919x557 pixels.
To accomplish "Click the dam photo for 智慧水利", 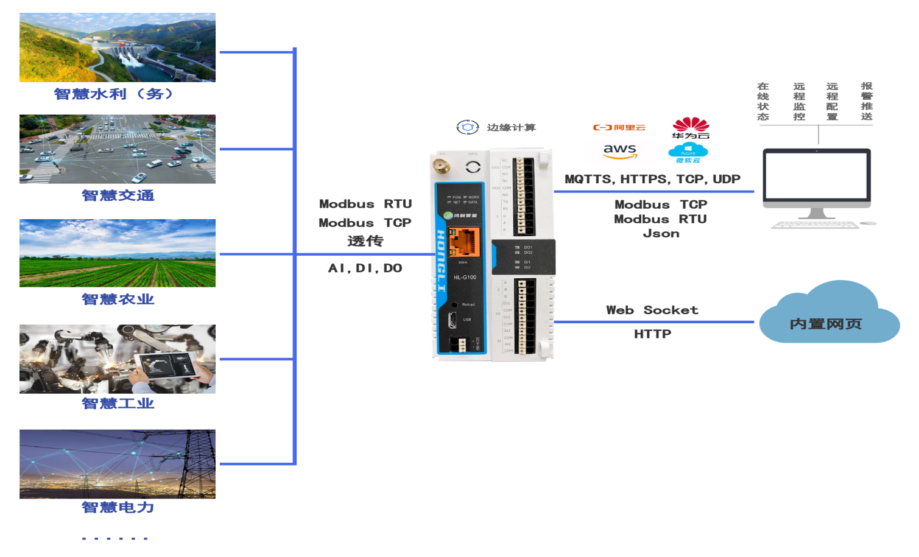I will coord(118,47).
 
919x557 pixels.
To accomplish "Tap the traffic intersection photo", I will coord(118,149).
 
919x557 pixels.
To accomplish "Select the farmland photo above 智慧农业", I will coord(118,253).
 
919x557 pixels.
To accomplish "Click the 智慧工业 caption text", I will coord(118,403).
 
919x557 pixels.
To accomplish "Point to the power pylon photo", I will coord(118,464).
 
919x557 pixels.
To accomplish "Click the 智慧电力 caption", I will coord(118,507).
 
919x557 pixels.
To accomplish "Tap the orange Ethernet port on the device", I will coord(464,242).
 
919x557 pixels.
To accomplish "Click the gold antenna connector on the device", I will coord(439,164).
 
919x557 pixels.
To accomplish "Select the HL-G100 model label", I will coord(465,278).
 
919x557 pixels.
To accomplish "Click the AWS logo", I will coord(619,150).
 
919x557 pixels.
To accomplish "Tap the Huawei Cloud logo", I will coord(691,128).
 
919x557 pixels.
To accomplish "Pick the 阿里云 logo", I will coord(619,127).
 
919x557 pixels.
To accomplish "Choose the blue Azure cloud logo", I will coord(688,153).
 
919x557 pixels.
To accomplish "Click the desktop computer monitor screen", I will coord(816,177).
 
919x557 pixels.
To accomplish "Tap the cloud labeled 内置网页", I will coord(827,323).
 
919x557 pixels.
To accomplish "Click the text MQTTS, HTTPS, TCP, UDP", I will coord(652,179).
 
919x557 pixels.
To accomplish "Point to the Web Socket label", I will coord(652,310).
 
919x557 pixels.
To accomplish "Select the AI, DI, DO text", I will coord(365,268).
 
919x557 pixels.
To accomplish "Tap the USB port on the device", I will coord(452,320).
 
